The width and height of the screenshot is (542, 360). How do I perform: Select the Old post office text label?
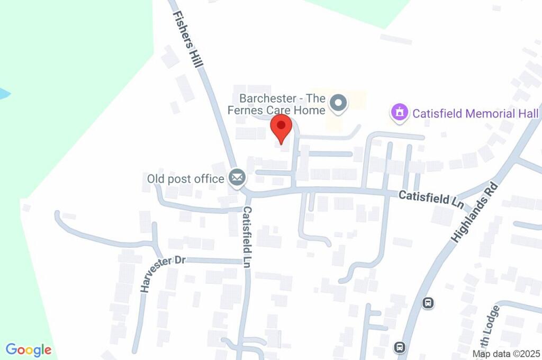(x=185, y=178)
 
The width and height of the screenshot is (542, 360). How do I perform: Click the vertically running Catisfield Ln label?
(x=247, y=237)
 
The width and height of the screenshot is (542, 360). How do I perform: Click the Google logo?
(x=29, y=350)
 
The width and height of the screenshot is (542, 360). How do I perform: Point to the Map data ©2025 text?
(x=506, y=354)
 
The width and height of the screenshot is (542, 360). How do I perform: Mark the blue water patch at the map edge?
(x=3, y=94)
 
